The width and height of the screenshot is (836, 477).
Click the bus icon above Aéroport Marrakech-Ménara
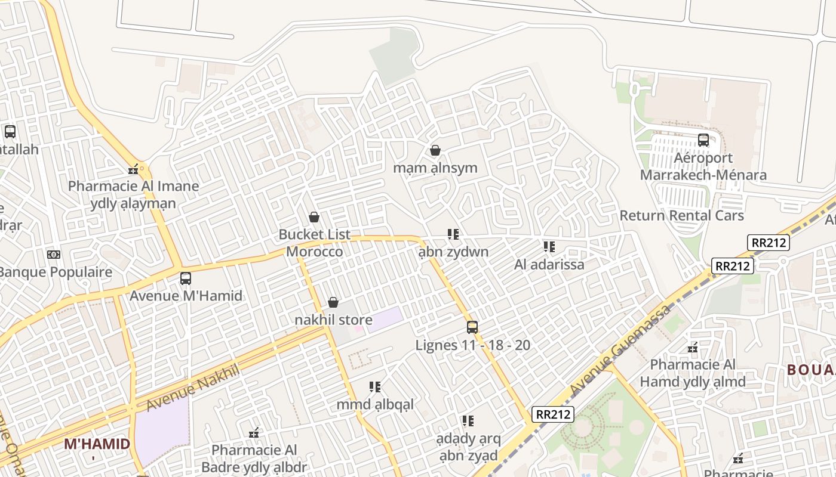[x=703, y=140]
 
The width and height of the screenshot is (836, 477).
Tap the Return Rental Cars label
[x=682, y=215]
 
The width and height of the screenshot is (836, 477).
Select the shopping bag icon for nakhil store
[x=333, y=303]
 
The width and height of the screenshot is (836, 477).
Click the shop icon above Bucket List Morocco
[x=314, y=217]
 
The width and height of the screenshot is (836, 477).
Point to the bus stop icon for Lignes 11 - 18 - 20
[x=472, y=327]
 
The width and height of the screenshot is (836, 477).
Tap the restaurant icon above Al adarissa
[x=549, y=247]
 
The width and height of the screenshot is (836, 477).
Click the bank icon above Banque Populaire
[x=54, y=255]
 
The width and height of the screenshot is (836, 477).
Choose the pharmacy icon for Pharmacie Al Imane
[x=133, y=169]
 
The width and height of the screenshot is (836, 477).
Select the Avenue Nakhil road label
[x=192, y=388]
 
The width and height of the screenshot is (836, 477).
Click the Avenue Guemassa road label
[x=621, y=349]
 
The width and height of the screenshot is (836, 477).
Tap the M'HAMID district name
[x=97, y=444]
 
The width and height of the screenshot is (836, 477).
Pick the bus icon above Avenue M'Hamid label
[x=186, y=278]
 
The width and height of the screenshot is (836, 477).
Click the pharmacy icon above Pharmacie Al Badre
[x=254, y=432]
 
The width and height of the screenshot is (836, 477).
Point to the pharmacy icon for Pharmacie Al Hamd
[x=693, y=347]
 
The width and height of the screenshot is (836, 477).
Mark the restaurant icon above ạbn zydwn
[x=453, y=234]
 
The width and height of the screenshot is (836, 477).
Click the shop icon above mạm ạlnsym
[x=435, y=150]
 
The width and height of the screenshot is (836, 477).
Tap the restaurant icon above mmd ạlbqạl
[x=375, y=387]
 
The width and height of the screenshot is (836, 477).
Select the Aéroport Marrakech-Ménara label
[x=703, y=166]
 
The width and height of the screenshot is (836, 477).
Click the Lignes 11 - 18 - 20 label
[x=473, y=345]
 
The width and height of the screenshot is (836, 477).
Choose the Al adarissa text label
[x=549, y=264]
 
